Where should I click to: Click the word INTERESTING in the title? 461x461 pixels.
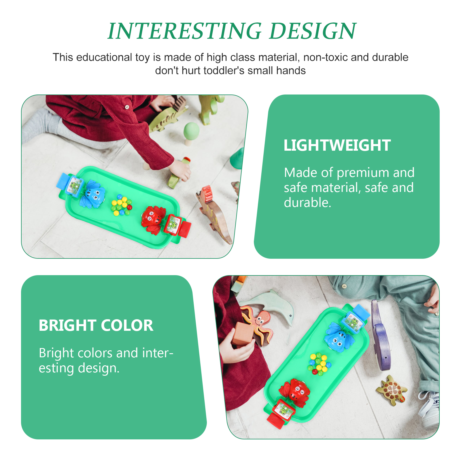(x=185, y=31)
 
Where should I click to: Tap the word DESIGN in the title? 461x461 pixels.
(x=313, y=31)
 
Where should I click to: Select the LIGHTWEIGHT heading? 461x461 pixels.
(x=337, y=145)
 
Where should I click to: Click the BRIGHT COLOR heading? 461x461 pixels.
(x=96, y=325)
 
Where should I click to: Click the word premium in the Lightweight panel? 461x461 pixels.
(x=363, y=173)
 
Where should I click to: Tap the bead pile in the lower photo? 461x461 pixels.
(x=319, y=364)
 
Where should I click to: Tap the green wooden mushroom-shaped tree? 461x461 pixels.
(x=191, y=133)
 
